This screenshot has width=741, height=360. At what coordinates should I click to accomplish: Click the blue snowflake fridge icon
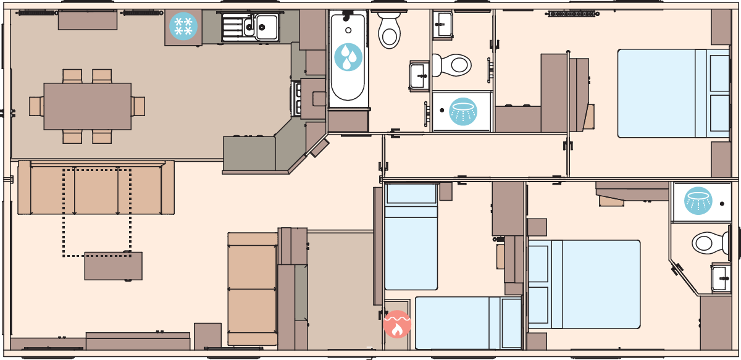183,27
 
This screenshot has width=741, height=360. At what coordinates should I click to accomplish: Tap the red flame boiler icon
397,324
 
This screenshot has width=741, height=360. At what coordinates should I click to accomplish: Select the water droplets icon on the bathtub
348,57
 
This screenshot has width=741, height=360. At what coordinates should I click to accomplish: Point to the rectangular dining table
87,106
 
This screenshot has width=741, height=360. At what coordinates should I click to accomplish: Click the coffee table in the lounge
113,266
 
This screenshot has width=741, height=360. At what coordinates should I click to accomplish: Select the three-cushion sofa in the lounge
96,189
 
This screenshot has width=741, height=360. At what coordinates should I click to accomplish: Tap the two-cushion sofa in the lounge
253,288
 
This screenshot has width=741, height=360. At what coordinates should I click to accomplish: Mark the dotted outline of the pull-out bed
96,213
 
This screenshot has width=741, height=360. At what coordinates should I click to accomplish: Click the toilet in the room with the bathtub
389,30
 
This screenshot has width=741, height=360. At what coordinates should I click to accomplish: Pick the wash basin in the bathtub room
419,75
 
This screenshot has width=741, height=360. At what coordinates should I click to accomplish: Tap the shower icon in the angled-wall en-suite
699,201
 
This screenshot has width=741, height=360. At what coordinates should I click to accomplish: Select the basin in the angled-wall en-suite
721,278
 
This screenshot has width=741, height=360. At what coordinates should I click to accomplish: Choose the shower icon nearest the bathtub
463,111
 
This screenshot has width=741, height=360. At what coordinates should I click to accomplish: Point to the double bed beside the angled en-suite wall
584,283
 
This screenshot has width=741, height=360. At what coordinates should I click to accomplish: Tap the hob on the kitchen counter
297,99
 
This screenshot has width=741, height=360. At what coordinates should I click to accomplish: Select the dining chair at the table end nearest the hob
138,106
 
